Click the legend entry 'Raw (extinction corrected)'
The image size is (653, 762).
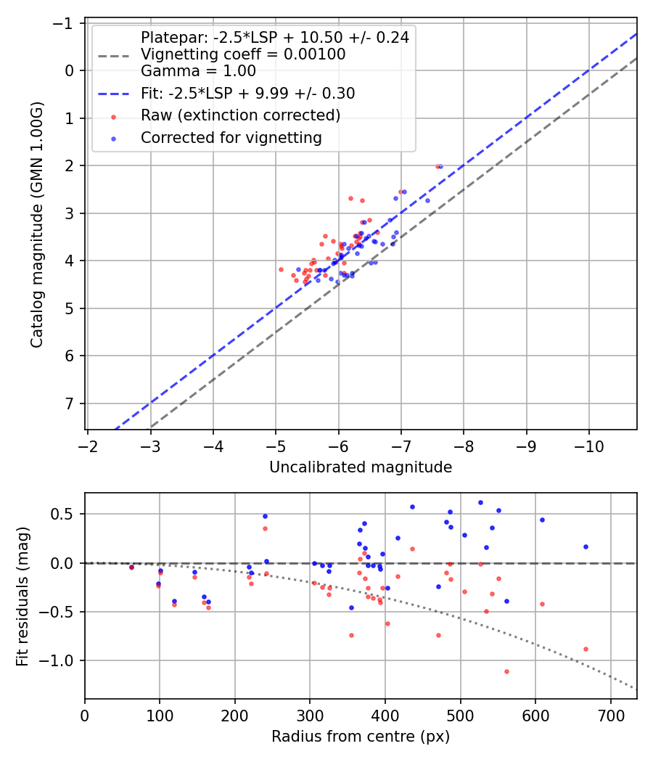240,115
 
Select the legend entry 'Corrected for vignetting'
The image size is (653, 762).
231,137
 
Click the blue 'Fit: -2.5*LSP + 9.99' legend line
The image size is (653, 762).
113,94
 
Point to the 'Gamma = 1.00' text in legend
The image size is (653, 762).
198,71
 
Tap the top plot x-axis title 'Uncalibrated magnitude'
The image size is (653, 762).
361,467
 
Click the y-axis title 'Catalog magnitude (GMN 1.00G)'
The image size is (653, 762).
37,224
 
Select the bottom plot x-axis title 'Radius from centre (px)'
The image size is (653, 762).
361,737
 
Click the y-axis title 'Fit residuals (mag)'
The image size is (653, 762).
22,596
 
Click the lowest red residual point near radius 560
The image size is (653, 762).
506,671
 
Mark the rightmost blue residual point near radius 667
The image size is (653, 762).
586,546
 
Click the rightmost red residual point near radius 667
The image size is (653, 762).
586,649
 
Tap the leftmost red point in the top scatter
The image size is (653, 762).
281,269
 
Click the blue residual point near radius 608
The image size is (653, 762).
542,520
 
